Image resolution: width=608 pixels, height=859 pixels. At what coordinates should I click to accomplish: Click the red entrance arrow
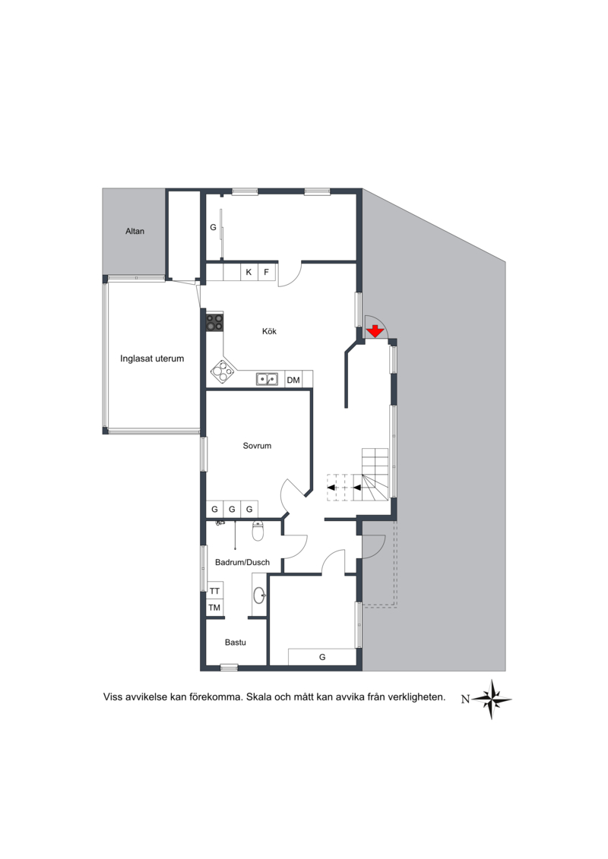pos(375,331)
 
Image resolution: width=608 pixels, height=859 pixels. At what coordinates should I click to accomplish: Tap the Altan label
pos(135,231)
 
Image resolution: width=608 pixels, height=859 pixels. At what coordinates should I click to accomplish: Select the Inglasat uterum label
pos(152,358)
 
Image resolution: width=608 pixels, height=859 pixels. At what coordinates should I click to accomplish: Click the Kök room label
pos(269,331)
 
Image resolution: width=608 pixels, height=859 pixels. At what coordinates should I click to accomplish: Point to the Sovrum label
pos(257,446)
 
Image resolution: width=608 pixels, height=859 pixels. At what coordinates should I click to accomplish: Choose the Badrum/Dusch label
pos(242,562)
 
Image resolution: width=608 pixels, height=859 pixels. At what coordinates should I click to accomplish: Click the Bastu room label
pos(235,642)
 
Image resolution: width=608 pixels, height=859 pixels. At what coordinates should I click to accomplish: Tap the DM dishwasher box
pos(293,380)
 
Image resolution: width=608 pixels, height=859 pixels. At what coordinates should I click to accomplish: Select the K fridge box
pos(249,272)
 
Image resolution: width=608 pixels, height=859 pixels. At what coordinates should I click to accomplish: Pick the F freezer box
pos(267,272)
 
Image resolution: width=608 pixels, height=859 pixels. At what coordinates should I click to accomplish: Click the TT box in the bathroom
pos(214,591)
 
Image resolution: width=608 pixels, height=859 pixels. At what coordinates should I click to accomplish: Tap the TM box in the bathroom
pos(214,608)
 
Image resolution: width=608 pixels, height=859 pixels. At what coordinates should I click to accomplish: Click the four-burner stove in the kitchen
pos(215,322)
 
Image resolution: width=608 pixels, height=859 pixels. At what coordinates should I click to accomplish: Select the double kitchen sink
pos(267,378)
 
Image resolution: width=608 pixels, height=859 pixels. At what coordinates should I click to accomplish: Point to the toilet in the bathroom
pos(258,530)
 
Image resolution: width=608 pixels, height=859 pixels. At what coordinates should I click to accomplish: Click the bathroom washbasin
pos(259,595)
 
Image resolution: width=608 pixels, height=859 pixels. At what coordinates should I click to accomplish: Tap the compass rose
pos(492,699)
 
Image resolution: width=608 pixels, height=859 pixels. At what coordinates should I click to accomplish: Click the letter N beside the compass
pos(465,699)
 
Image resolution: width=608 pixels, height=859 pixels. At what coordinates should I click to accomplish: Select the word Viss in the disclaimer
pos(112,697)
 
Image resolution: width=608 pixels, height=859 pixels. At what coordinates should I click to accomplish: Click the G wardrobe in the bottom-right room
pos(322,657)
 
